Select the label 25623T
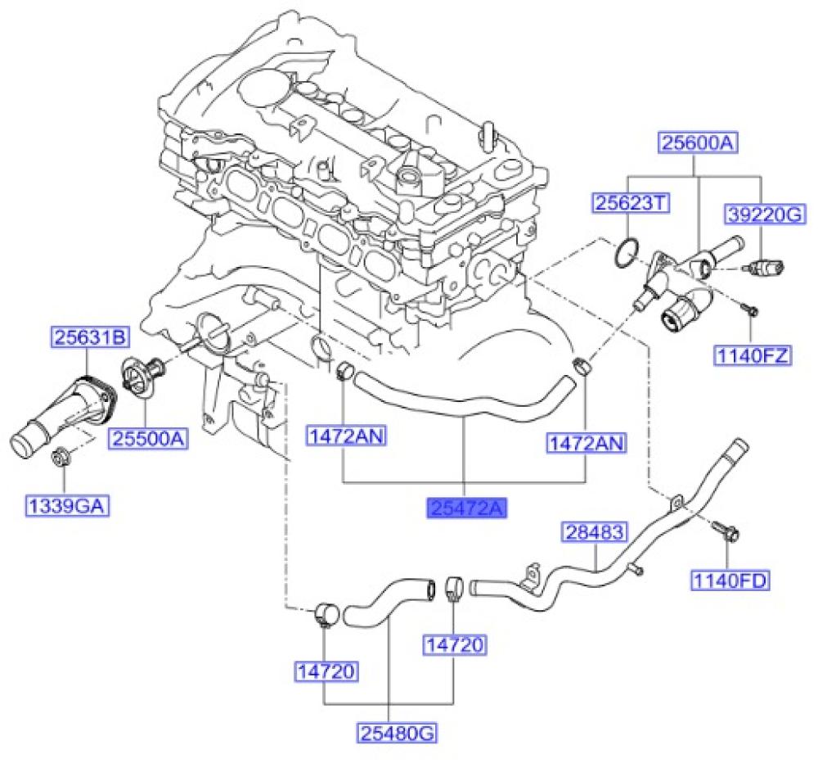626,202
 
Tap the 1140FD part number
731,581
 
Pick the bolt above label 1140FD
726,532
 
